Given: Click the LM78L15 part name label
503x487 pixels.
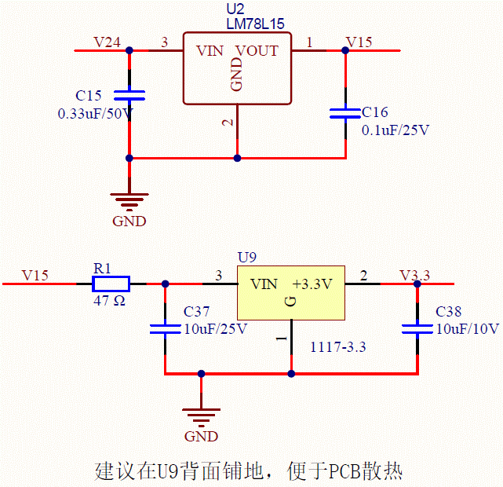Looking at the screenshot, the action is tap(255, 24).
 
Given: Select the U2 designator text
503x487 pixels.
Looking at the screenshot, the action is tap(235, 9).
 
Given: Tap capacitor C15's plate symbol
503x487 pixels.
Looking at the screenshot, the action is tap(129, 95).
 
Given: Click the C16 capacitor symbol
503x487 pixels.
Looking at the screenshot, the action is tap(345, 113).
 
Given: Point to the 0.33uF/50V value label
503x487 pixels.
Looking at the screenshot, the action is tap(95, 114).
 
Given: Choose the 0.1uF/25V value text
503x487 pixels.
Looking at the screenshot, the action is tap(395, 130).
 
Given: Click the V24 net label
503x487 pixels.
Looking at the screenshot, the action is tap(108, 42).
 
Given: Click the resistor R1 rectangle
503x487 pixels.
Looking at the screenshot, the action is tap(111, 284).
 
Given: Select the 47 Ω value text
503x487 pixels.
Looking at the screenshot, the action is tap(109, 301).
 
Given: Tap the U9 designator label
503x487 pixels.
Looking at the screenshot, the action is tap(247, 257).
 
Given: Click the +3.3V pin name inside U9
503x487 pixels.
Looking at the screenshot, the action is tap(312, 284).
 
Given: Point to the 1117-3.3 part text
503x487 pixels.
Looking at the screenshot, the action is tap(338, 347).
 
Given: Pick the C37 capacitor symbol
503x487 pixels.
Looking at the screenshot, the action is tap(166, 329).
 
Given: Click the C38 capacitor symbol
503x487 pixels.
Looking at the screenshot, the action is tap(417, 329).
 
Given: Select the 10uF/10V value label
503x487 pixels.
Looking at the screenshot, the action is tap(468, 329).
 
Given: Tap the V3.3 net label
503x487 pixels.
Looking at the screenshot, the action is tap(414, 276).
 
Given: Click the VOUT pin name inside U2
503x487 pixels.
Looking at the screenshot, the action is tap(257, 51).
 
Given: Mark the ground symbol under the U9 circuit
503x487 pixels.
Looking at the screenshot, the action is tap(201, 418).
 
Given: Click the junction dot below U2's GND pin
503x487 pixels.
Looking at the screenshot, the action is tap(237, 158).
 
